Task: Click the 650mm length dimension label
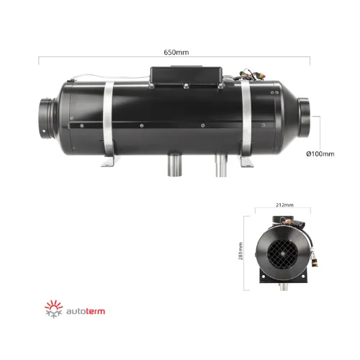[x=176, y=53]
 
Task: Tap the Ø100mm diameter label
[x=320, y=154]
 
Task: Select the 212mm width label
[x=284, y=204]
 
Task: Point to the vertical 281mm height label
[x=240, y=251]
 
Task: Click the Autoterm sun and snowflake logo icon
[x=54, y=309]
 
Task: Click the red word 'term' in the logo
[x=95, y=311]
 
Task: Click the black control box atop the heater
[x=186, y=76]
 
